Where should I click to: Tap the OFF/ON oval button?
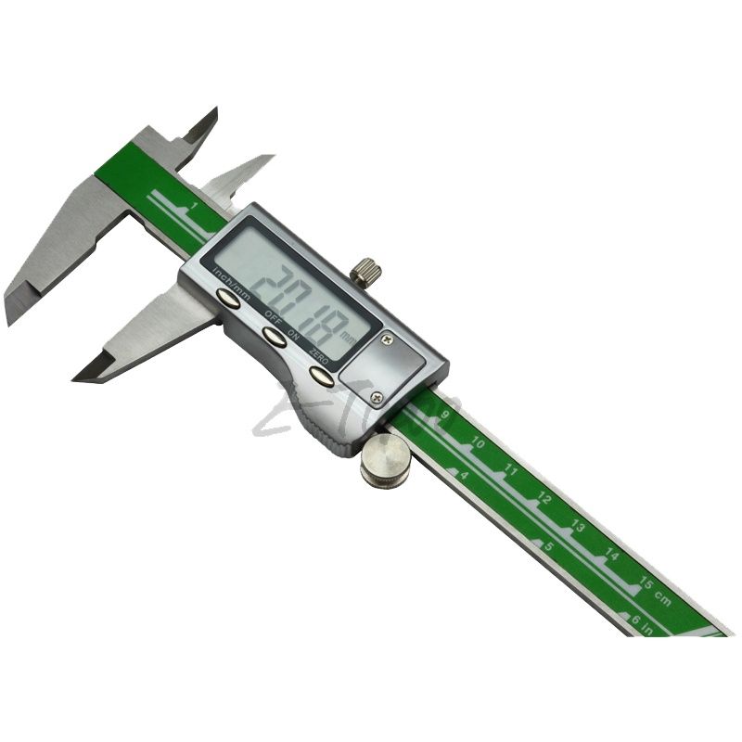(273, 336)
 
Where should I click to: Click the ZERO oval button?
(322, 376)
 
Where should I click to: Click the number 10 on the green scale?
(478, 443)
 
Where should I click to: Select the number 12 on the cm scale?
(544, 500)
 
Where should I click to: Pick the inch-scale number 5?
(550, 546)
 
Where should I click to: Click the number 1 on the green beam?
(193, 205)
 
